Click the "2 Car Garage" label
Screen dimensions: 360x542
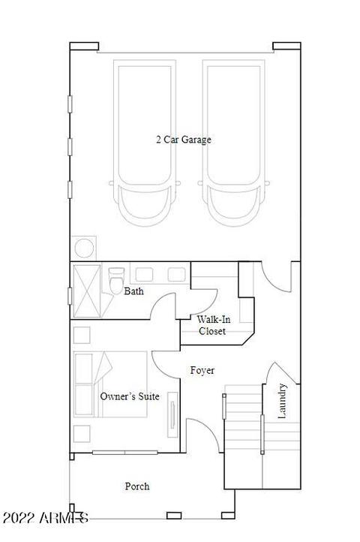tap(184, 140)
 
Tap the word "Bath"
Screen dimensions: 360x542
tap(133, 291)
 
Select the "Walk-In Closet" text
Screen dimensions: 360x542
tap(213, 325)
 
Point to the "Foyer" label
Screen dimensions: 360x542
tap(202, 371)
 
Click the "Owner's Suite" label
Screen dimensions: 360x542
tap(130, 396)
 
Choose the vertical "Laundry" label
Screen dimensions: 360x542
tap(282, 401)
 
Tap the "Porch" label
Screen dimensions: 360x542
tap(137, 486)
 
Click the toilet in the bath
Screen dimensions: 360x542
tap(116, 280)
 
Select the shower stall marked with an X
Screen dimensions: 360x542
tap(87, 291)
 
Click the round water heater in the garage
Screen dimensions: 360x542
tap(84, 248)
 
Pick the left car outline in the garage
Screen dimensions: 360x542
tap(145, 143)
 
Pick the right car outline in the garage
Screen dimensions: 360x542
tap(233, 143)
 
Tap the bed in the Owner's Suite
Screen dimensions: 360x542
tap(110, 384)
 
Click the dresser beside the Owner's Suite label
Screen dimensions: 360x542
tap(172, 414)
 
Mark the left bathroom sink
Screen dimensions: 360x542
tap(144, 275)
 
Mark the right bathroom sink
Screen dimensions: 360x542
tap(176, 275)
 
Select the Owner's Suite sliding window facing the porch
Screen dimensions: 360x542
tap(124, 452)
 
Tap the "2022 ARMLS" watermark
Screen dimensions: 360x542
tap(45, 518)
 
